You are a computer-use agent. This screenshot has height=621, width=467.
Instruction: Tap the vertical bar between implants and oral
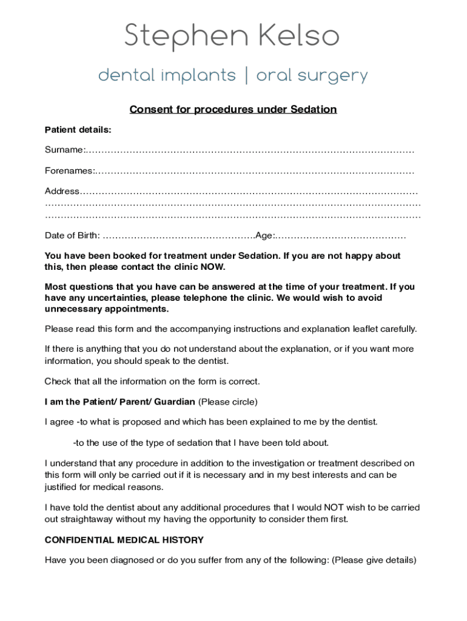click(x=246, y=76)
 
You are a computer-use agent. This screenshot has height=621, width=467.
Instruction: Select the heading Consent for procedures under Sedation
click(x=233, y=110)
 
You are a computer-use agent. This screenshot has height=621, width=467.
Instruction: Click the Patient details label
click(x=78, y=130)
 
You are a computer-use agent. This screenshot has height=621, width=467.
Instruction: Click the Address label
click(x=62, y=192)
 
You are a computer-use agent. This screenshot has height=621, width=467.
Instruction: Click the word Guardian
click(x=175, y=402)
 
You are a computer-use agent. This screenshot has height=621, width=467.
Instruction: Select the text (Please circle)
click(x=228, y=402)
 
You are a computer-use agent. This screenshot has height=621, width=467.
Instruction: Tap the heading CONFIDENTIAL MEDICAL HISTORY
click(x=124, y=540)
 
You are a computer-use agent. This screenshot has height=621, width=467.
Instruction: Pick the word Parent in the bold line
click(x=135, y=402)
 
